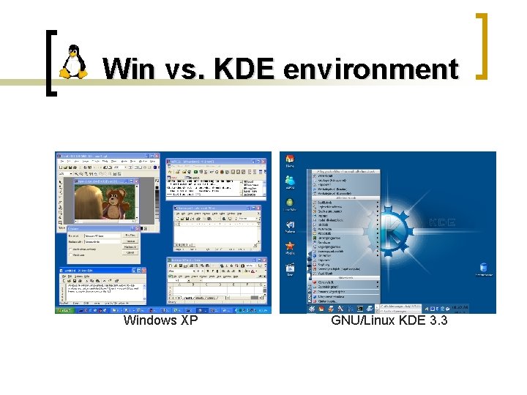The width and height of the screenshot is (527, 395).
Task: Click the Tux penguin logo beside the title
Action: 72,62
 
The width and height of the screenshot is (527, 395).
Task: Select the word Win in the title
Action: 128,69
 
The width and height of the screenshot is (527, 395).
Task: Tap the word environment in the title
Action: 370,69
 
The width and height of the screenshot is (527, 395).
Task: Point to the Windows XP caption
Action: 160,320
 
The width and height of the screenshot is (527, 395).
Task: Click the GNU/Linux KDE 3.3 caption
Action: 389,320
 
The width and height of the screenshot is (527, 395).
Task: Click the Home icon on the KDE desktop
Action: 291,160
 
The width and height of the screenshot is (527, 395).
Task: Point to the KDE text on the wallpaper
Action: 441,222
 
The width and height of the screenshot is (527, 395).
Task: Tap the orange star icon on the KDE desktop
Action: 291,247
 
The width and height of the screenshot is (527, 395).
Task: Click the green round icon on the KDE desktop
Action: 291,203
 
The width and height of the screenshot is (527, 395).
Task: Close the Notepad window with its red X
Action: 135,269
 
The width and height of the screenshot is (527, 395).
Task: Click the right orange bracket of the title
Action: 482,45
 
